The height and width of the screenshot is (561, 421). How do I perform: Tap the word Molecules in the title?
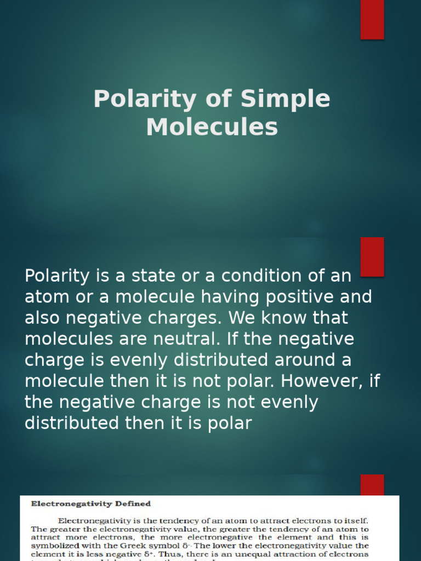coord(212,127)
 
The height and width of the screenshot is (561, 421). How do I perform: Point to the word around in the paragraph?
coord(310,360)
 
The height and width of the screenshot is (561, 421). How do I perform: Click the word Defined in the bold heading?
coord(132,503)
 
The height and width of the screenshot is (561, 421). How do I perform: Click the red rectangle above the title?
coord(372,20)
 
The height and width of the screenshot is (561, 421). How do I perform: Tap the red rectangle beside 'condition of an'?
coord(372,256)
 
